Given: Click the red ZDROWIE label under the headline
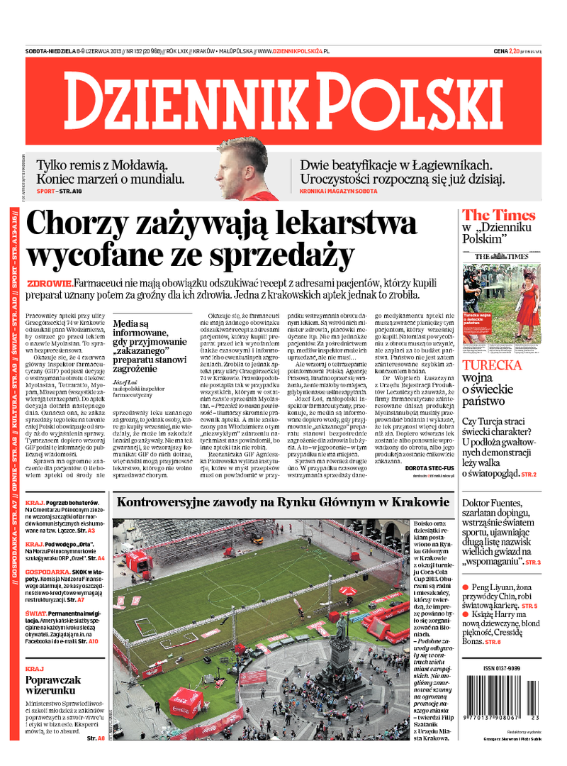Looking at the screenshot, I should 48,283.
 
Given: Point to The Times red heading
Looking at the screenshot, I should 499,215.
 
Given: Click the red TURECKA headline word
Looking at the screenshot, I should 502,366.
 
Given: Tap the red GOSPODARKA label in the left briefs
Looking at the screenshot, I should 47,571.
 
